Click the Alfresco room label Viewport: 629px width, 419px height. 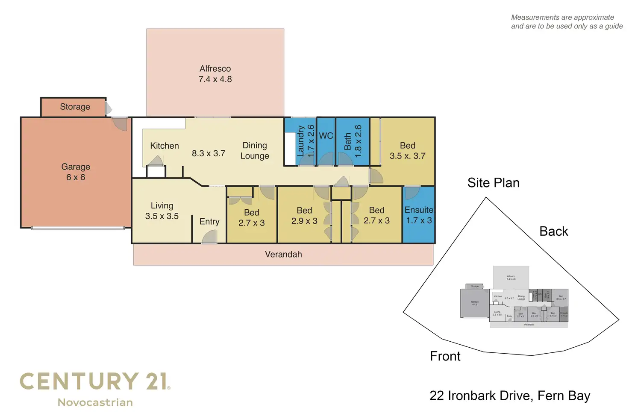pyautogui.click(x=215, y=74)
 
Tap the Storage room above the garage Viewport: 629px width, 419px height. pyautogui.click(x=75, y=107)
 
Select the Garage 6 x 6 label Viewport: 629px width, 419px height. pyautogui.click(x=76, y=172)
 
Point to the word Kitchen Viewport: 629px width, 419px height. pyautogui.click(x=165, y=146)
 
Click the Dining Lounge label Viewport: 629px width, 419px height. pyautogui.click(x=255, y=151)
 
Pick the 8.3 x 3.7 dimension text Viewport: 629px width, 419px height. pyautogui.click(x=209, y=153)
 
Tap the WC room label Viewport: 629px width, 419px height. pyautogui.click(x=326, y=136)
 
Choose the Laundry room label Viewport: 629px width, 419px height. pyautogui.click(x=305, y=141)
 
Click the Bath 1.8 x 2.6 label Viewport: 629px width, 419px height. pyautogui.click(x=353, y=141)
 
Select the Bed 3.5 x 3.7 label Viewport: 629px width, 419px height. pyautogui.click(x=407, y=151)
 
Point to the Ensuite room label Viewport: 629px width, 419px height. pyautogui.click(x=419, y=215)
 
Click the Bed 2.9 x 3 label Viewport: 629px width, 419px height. pyautogui.click(x=304, y=216)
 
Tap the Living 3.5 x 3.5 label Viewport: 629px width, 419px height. pyautogui.click(x=162, y=211)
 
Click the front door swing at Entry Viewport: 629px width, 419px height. pyautogui.click(x=209, y=237)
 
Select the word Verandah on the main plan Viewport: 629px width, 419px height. pyautogui.click(x=283, y=255)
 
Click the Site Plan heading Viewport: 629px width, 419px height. pyautogui.click(x=493, y=183)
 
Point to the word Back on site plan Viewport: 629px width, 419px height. pyautogui.click(x=554, y=231)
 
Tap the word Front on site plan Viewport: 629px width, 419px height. pyautogui.click(x=445, y=356)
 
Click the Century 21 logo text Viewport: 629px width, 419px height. pyautogui.click(x=95, y=381)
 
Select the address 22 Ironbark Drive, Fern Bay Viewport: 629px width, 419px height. pyautogui.click(x=510, y=396)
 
